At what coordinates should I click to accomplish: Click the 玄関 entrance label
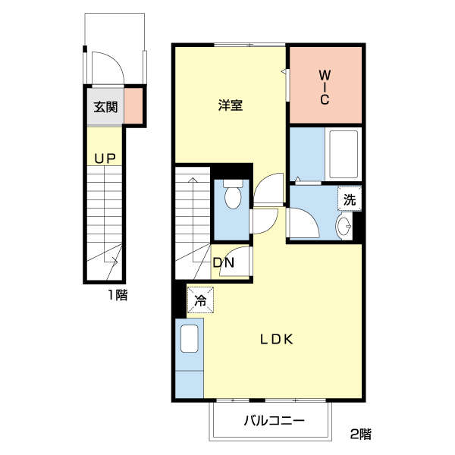(x=105, y=107)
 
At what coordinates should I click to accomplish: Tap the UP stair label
(x=105, y=158)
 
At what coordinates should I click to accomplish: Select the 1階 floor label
(x=117, y=295)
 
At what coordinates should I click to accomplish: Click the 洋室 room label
(x=230, y=105)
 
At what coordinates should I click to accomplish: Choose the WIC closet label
(x=324, y=87)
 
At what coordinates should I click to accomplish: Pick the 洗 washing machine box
(x=349, y=200)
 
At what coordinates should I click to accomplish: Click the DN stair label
(x=223, y=263)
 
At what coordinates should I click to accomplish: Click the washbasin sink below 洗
(x=344, y=226)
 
